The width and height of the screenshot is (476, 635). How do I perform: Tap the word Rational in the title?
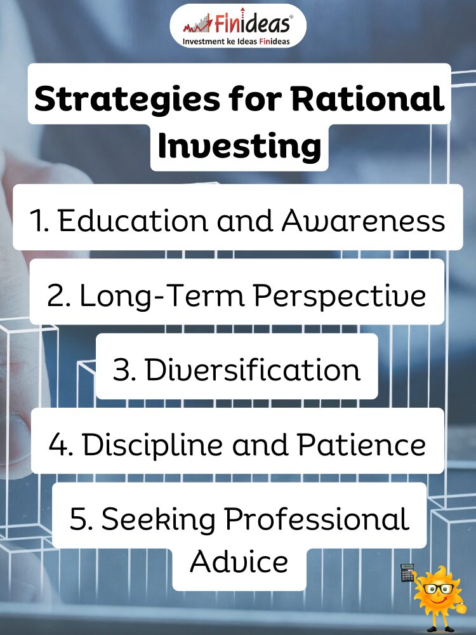click(368, 98)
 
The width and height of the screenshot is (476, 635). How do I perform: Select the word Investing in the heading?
click(240, 147)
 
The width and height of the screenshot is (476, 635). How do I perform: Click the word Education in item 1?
click(133, 221)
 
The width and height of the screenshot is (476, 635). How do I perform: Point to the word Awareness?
click(363, 221)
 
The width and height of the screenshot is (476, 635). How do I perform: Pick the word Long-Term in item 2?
click(162, 296)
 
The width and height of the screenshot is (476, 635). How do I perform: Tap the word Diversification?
click(253, 370)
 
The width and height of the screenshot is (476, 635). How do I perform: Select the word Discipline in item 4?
click(152, 444)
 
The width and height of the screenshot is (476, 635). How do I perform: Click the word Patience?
click(362, 444)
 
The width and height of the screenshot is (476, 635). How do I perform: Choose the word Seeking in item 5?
click(158, 519)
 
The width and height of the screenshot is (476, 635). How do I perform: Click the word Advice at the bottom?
click(239, 562)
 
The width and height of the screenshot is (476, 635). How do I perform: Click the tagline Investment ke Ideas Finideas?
click(236, 41)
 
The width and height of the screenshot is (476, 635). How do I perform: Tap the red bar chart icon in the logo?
click(198, 24)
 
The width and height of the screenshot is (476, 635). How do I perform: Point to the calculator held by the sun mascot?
click(407, 572)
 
